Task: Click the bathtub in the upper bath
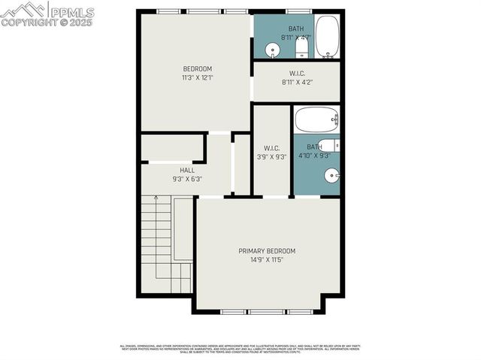(x=327, y=36)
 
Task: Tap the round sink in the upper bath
(x=273, y=50)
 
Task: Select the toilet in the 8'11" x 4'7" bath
(x=301, y=48)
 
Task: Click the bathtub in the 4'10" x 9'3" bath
(x=316, y=119)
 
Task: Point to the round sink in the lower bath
(x=331, y=176)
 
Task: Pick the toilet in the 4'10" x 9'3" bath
(x=328, y=145)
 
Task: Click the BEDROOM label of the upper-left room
(x=197, y=69)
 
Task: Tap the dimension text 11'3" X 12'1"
(x=197, y=77)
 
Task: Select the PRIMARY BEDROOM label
(x=267, y=251)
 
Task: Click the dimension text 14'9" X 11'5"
(x=267, y=260)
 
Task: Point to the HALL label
(x=166, y=171)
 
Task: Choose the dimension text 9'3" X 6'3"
(x=166, y=180)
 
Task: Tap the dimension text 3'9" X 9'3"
(x=271, y=156)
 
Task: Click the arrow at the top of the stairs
(x=156, y=198)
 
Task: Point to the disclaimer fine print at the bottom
(x=240, y=349)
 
